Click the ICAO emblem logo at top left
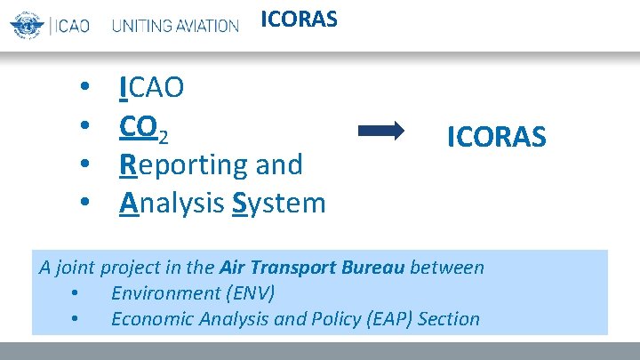coord(27,25)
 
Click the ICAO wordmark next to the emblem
coord(70,26)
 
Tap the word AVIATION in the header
coord(205,26)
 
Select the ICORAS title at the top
coord(299,19)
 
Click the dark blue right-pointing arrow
coord(380,132)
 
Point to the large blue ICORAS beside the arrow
coord(497,137)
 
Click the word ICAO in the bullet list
coord(152,87)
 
